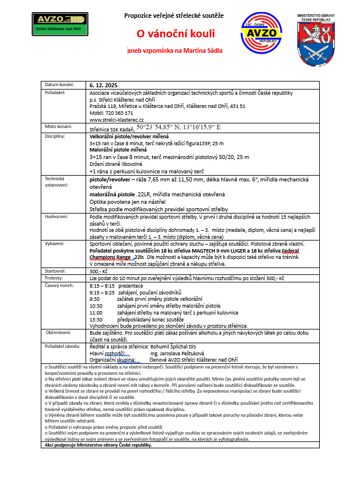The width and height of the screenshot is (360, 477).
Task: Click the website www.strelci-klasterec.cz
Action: [116, 119]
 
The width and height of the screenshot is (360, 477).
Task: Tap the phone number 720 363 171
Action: [119, 113]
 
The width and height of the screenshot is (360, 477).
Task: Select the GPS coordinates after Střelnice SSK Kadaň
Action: [179, 127]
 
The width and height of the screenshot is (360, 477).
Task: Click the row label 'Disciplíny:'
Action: [56, 136]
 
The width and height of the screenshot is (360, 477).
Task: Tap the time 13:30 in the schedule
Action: [96, 319]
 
